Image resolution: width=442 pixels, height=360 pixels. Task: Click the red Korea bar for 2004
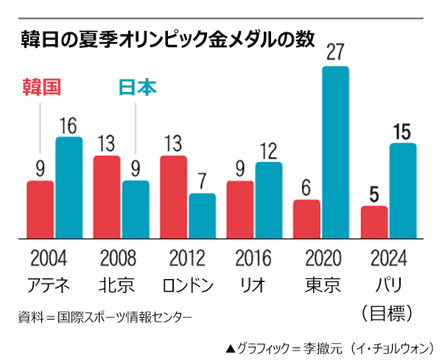41,210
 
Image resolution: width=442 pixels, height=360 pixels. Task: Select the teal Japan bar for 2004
69,188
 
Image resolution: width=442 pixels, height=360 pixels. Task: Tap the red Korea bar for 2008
107,197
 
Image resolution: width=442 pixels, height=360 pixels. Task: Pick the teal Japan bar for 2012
202,216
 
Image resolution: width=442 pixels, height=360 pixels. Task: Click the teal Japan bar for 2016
269,200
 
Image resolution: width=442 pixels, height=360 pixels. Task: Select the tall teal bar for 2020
335,152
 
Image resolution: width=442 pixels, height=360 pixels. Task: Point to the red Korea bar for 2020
306,219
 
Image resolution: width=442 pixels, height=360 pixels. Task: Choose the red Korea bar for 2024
374,222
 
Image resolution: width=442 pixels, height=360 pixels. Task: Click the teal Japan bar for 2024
403,191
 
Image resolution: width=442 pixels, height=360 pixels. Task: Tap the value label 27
335,54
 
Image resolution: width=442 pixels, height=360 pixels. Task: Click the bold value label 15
402,133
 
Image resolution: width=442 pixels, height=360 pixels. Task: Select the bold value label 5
374,195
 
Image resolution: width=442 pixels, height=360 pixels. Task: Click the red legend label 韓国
37,88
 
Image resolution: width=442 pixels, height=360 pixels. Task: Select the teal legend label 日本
138,88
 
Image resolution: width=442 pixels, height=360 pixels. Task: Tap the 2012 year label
187,258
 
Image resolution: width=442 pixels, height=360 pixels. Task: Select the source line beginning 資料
104,317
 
